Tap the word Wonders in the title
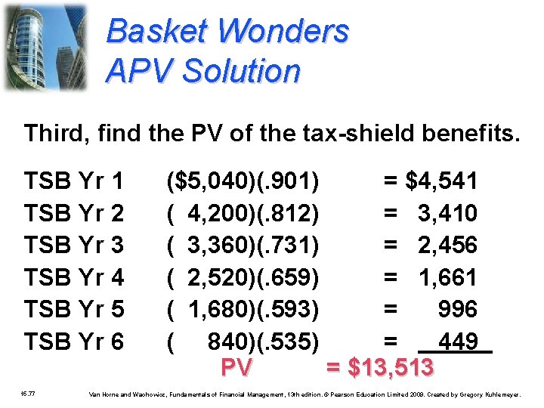[x=283, y=32]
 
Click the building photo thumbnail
[x=45, y=47]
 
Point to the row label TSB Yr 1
[x=74, y=181]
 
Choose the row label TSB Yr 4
[x=74, y=278]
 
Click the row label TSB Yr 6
[x=74, y=342]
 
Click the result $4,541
[x=442, y=181]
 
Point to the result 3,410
[x=447, y=214]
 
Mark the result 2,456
[x=447, y=246]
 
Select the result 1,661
[x=447, y=278]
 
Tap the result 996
[x=458, y=310]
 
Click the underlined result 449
[x=458, y=342]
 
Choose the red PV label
[x=236, y=368]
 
